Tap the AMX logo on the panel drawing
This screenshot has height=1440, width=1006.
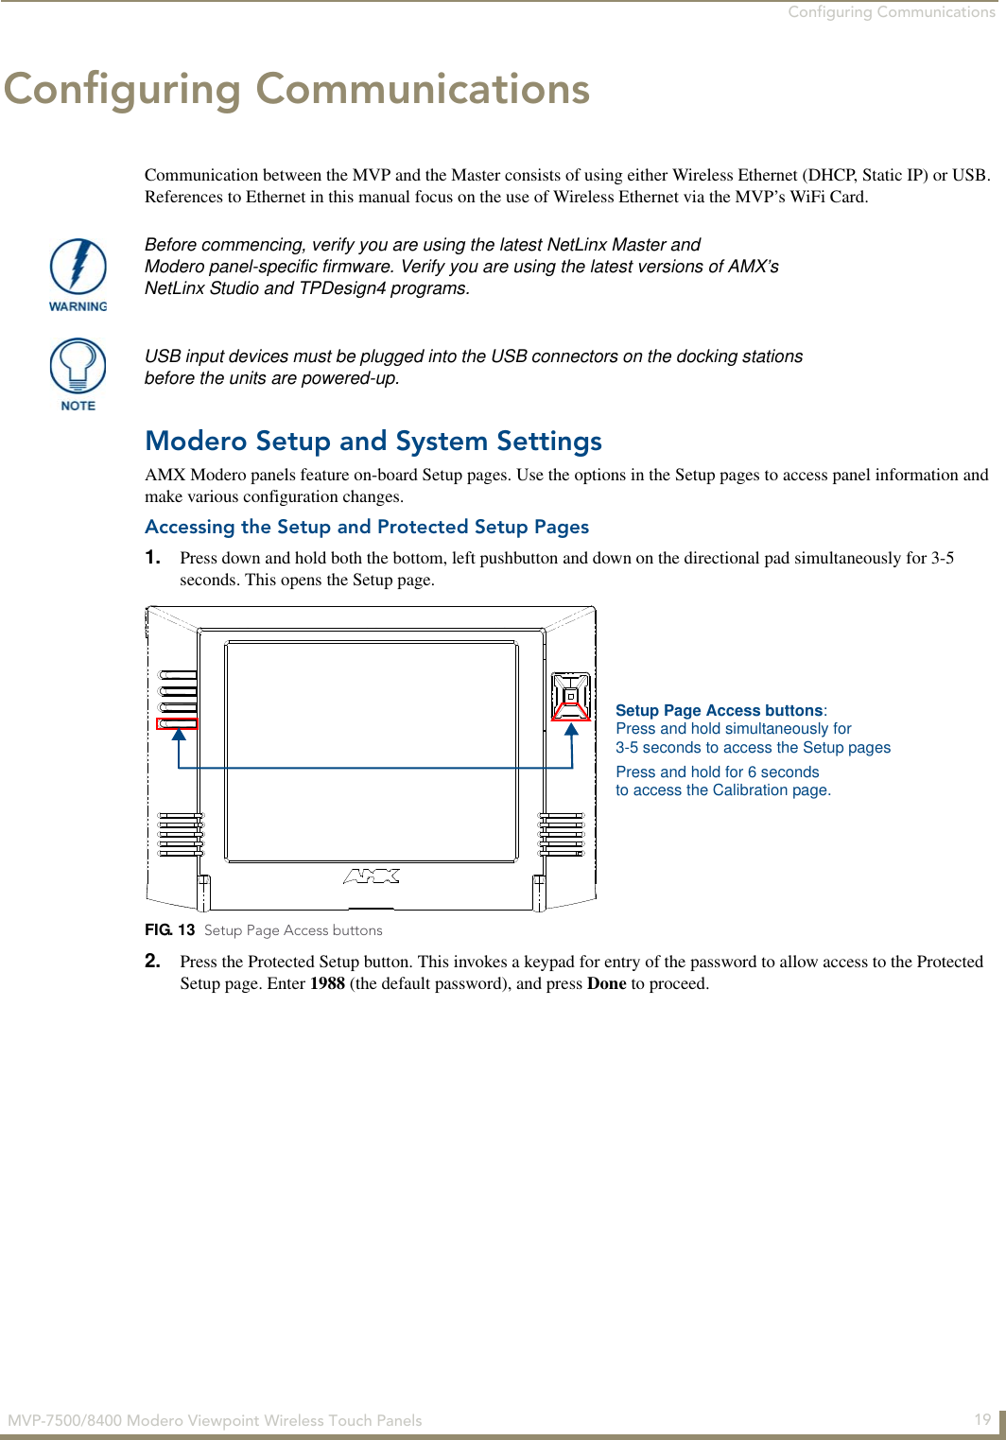coord(371,876)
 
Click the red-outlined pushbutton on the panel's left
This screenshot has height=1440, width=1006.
coord(177,724)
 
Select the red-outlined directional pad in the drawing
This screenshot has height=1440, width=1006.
coord(571,697)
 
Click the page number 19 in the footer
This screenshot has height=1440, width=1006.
coord(982,1419)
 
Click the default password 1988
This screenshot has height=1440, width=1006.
coord(327,983)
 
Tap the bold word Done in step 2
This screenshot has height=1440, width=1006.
coord(606,983)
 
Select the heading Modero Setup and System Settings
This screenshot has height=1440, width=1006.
coord(373,442)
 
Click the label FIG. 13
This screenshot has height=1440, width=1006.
coord(170,930)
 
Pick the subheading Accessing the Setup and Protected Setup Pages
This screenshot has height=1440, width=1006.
coord(367,527)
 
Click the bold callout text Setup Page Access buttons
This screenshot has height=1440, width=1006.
coord(719,710)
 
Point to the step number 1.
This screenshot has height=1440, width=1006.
coord(152,557)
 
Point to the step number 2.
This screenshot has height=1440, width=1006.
coord(152,962)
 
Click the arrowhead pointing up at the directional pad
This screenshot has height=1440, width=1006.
coord(571,730)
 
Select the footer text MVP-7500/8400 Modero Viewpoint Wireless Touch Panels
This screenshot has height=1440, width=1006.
coord(215,1420)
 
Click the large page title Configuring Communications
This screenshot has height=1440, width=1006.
coord(297,89)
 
